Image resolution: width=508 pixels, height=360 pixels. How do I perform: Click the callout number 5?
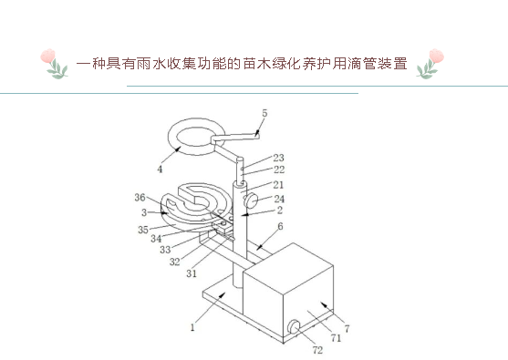[x=264, y=112]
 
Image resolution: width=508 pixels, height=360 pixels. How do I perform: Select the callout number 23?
[x=278, y=157]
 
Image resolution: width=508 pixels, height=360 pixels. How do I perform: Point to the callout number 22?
[x=278, y=170]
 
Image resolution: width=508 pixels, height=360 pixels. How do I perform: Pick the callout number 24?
[x=278, y=198]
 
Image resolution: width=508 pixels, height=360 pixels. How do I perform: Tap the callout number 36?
[x=140, y=198]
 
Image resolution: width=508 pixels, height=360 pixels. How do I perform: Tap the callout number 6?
[x=279, y=226]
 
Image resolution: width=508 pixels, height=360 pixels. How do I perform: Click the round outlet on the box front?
[x=294, y=326]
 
